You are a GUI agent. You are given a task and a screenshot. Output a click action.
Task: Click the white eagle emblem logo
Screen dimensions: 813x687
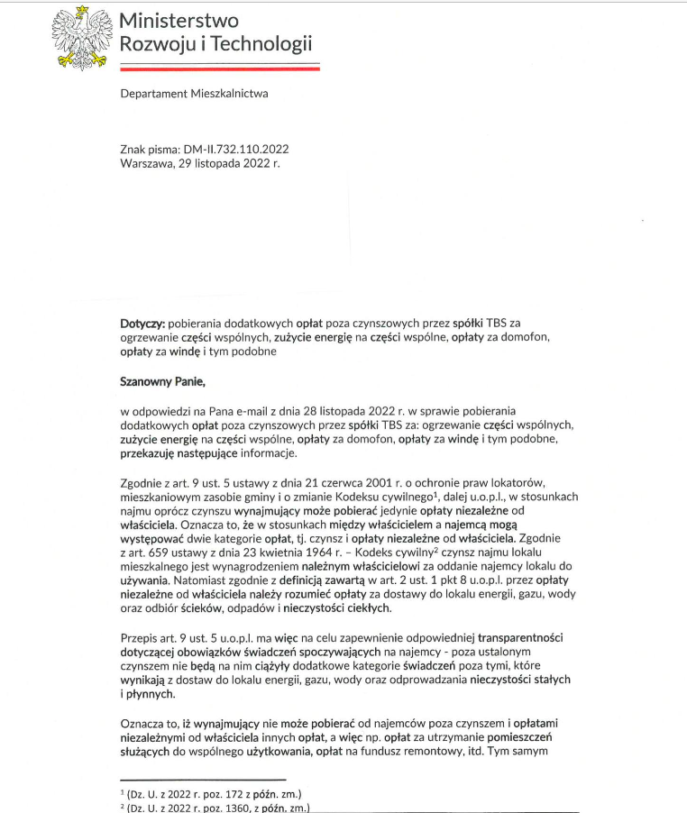point(80,37)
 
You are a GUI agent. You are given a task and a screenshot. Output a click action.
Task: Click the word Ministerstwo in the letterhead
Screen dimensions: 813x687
point(178,19)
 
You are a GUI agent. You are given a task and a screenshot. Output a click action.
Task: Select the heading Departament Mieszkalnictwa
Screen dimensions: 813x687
point(194,94)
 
